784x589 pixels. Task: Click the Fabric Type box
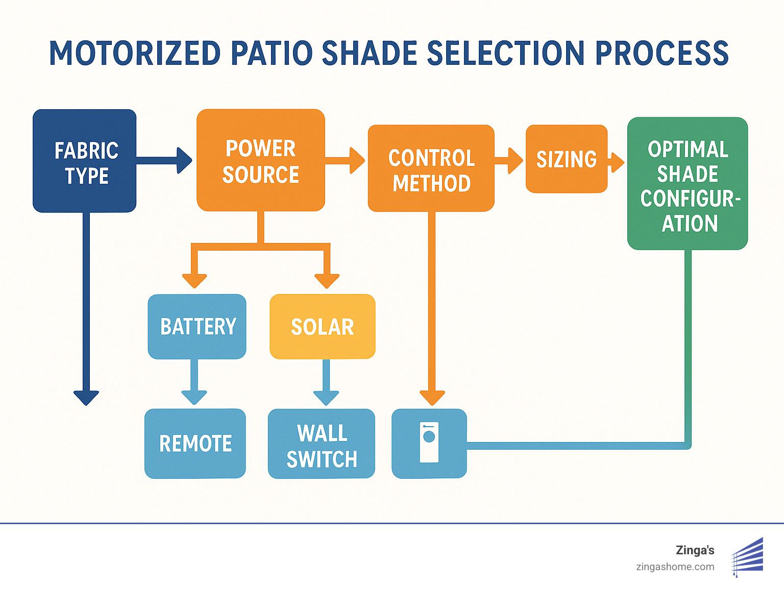(85, 161)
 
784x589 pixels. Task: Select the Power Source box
(261, 160)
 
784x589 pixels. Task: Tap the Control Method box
(431, 168)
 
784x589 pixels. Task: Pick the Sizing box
(567, 159)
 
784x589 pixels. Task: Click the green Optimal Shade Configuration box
(688, 184)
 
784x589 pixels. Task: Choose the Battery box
(197, 327)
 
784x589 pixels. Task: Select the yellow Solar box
(323, 327)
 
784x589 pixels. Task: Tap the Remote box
(195, 444)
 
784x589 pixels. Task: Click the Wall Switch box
(322, 444)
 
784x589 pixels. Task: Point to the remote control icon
(429, 443)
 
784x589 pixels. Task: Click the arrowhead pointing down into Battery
(194, 281)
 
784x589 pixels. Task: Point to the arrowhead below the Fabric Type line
(86, 397)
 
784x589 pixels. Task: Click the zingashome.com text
(675, 567)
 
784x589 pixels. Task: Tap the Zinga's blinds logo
(748, 557)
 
